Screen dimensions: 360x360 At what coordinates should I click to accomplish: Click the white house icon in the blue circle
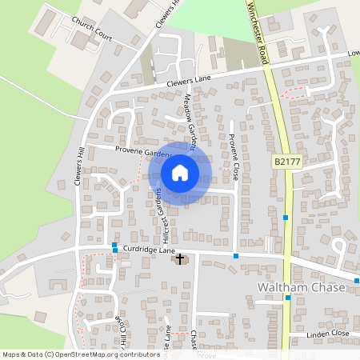pyautogui.click(x=180, y=172)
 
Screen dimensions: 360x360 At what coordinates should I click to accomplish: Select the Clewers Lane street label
pyautogui.click(x=188, y=80)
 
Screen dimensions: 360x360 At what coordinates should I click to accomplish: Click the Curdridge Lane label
pyautogui.click(x=150, y=251)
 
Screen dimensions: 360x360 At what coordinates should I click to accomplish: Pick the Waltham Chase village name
pyautogui.click(x=300, y=287)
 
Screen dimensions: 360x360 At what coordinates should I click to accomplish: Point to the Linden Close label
pyautogui.click(x=329, y=333)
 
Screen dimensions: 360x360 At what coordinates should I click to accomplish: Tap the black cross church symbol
pyautogui.click(x=180, y=258)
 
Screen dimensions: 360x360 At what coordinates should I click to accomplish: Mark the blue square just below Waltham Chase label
pyautogui.click(x=288, y=298)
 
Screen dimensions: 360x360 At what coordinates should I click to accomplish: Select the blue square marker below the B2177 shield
pyautogui.click(x=286, y=218)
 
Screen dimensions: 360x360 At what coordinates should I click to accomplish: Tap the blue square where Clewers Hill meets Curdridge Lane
pyautogui.click(x=115, y=247)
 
